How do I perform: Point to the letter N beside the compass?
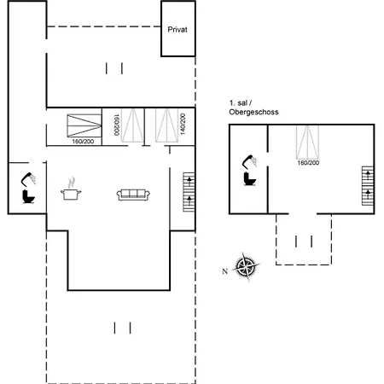(224, 271)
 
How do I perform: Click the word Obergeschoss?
(253, 112)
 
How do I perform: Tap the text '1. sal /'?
(242, 102)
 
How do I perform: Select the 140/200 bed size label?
(181, 126)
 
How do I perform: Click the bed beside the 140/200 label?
(166, 126)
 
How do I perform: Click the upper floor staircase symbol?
(367, 182)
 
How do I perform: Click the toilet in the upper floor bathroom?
(251, 177)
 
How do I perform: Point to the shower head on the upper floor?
(253, 160)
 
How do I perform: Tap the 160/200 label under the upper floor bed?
(307, 162)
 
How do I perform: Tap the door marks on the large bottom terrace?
(123, 327)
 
